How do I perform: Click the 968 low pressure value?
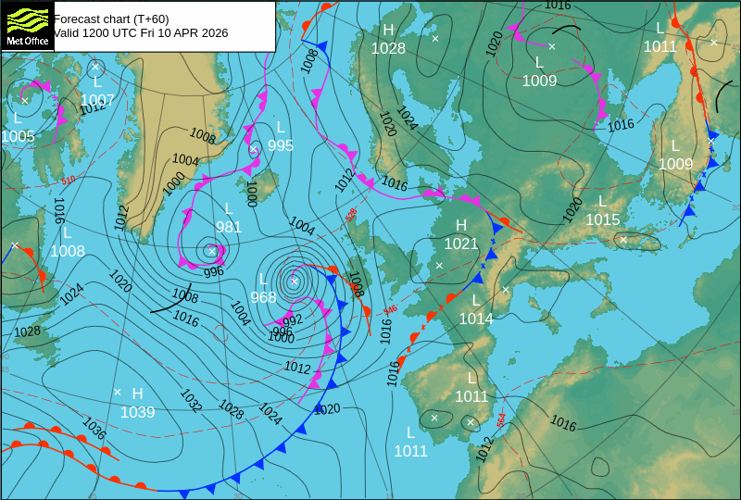tap(263, 297)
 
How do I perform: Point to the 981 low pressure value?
tap(229, 227)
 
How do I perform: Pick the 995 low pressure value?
tap(281, 145)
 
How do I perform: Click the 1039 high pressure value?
tap(137, 412)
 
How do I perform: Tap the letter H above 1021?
tap(461, 225)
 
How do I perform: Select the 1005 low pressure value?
tap(18, 136)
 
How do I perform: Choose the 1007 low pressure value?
tap(97, 100)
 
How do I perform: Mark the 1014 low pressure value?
tap(476, 319)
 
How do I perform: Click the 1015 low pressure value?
tap(602, 219)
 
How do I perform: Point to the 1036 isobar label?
tap(94, 428)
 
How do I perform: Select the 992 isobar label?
tap(293, 320)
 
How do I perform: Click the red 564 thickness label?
tap(501, 419)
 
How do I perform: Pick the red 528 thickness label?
tap(351, 215)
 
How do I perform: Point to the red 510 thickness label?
tap(69, 181)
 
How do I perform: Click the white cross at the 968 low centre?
tap(295, 281)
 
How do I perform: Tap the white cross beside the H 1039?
tap(118, 392)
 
